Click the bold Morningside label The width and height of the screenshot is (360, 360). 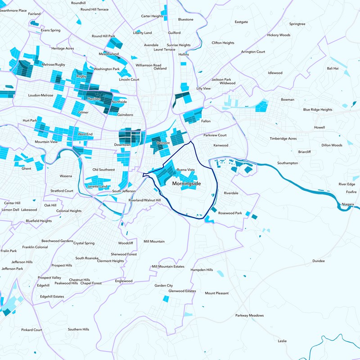tap(186, 184)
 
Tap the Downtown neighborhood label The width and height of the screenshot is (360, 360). tap(122, 145)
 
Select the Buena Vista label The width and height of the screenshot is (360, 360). tap(186, 170)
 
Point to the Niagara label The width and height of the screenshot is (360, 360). tap(348, 204)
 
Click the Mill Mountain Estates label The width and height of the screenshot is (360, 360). tap(168, 266)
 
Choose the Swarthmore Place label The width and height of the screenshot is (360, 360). tap(13, 10)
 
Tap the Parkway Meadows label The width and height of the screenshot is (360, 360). tap(249, 315)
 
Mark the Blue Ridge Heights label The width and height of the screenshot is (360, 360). tap(318, 109)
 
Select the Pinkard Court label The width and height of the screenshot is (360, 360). tap(31, 330)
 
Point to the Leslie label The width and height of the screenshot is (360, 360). tap(282, 341)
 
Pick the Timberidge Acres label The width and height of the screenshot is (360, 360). tap(283, 139)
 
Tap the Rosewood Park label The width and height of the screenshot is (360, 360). tap(230, 213)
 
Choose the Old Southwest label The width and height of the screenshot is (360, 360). tap(103, 170)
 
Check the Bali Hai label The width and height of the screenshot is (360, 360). tap(333, 68)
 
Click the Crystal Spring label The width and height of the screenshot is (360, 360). tap(84, 243)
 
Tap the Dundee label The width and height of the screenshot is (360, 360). tap(319, 261)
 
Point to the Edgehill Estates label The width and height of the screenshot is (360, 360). tap(52, 297)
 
